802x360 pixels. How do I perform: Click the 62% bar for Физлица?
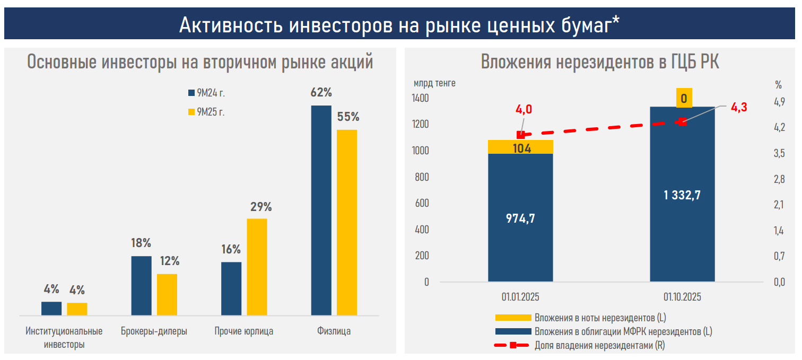[321, 210]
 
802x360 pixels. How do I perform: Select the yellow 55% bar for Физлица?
[347, 223]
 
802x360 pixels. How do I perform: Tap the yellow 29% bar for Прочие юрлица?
[257, 267]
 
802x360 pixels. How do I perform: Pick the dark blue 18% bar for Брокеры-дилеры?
[141, 286]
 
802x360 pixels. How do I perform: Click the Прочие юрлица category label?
[244, 331]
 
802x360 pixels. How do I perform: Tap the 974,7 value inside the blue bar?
[520, 218]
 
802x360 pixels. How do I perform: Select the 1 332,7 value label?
[682, 195]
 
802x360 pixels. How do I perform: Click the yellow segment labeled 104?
[520, 148]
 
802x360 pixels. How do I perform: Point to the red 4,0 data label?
[524, 110]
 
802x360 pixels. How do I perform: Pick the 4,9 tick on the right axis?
[779, 102]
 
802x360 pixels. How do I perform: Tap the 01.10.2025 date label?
[682, 297]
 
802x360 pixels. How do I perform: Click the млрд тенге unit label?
[434, 83]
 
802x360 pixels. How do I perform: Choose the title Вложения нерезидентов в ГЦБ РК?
[600, 63]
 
